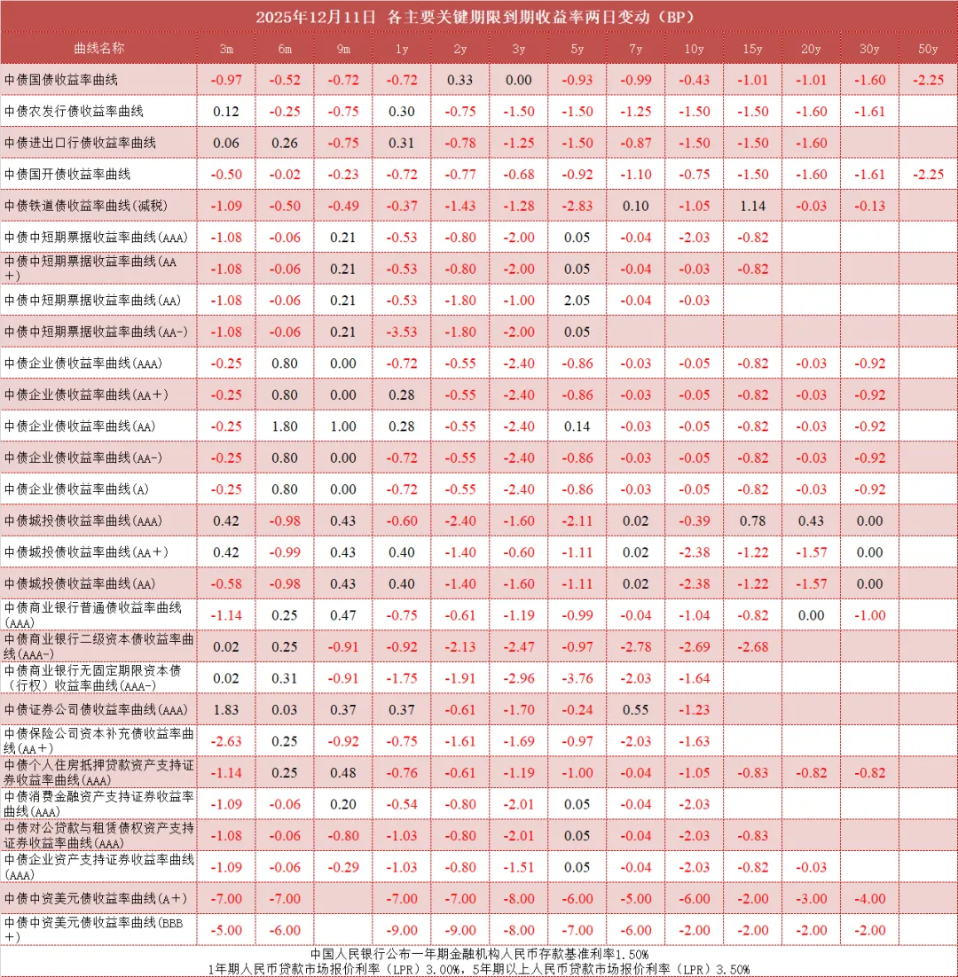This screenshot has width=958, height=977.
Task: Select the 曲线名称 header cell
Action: pos(98,48)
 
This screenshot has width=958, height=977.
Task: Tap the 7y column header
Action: pos(635,48)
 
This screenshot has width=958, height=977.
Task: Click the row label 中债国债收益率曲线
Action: pos(61,80)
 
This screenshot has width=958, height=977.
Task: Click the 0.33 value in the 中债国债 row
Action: pos(459,80)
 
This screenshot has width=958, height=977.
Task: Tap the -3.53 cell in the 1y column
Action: pos(401,332)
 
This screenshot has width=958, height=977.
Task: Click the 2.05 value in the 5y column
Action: pos(577,301)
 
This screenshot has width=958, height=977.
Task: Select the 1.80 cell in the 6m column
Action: pos(284,426)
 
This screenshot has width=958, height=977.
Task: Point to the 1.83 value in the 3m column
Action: pos(226,709)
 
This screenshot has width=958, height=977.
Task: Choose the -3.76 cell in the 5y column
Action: pos(577,678)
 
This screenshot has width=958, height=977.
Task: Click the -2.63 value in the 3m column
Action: pos(226,741)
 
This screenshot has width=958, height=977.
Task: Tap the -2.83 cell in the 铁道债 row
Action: pos(577,206)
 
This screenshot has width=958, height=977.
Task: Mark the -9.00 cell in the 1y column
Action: pos(401,930)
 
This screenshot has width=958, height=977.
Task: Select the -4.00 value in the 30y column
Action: pos(870,898)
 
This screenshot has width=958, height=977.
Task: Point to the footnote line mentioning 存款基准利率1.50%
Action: pos(478,953)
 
